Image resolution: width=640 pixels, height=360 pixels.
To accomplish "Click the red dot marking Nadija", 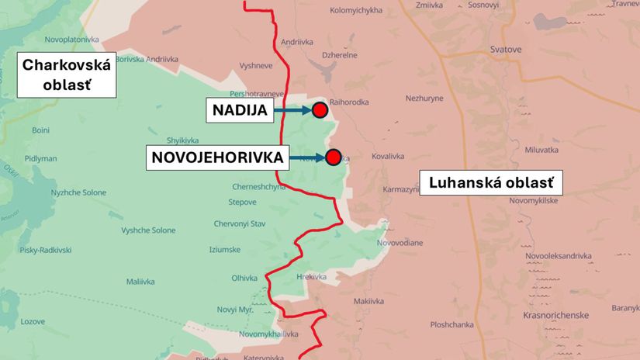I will coord(320,110).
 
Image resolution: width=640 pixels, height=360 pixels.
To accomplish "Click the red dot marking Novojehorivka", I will coord(334,158).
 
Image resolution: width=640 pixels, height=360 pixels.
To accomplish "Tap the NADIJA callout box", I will coord(240,111).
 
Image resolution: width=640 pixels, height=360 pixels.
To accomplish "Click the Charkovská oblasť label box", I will coord(66,74).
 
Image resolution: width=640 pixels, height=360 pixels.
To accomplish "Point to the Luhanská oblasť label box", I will coord(490,183).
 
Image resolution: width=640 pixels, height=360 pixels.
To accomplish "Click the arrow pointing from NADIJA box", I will coord(292,111).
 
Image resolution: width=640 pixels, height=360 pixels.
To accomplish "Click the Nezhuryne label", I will coord(424,99).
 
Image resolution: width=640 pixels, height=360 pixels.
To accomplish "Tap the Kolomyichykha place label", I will coord(356,11).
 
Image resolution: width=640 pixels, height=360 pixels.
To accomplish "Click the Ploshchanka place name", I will coord(451,324).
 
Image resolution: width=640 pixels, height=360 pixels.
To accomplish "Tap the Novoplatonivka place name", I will coord(72,39).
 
